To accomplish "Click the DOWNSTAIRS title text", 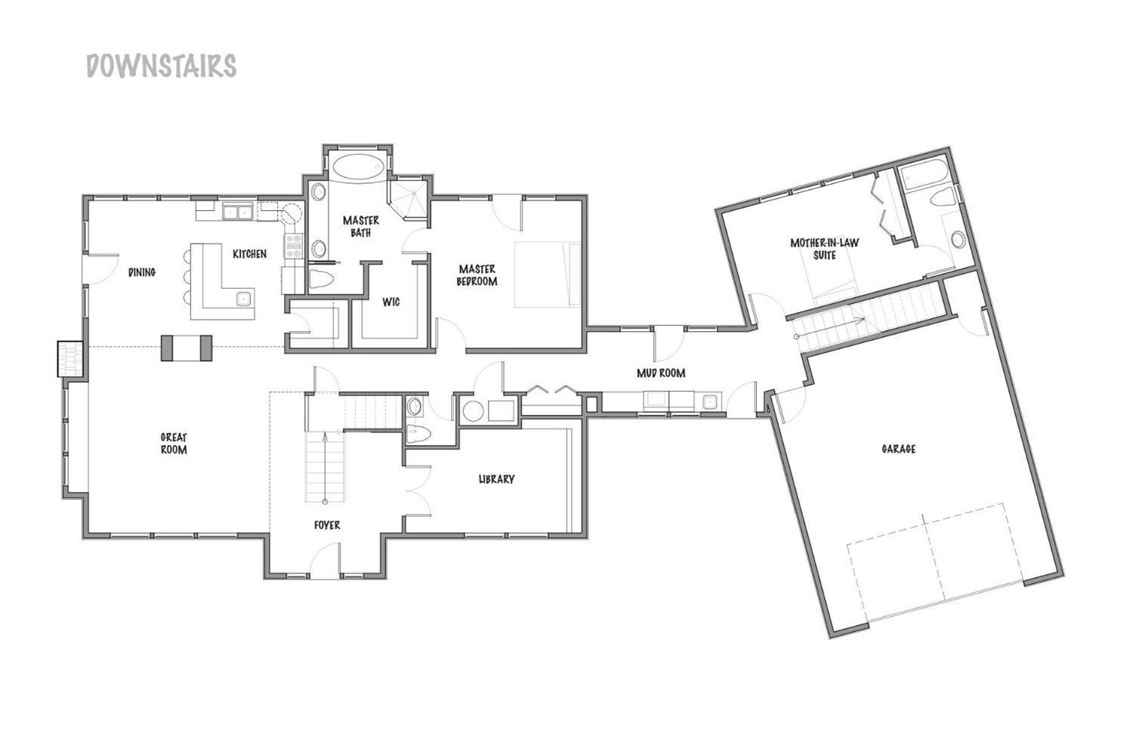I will pyautogui.click(x=161, y=66).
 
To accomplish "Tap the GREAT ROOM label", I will pyautogui.click(x=174, y=443).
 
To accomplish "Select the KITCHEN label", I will pyautogui.click(x=249, y=254).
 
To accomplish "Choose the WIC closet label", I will pyautogui.click(x=391, y=302).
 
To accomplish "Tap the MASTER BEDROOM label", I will pyautogui.click(x=477, y=275).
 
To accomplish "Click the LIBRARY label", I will pyautogui.click(x=496, y=479).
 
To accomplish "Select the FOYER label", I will pyautogui.click(x=327, y=524).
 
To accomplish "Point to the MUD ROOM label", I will pyautogui.click(x=660, y=373).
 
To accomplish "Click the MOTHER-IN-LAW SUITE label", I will pyautogui.click(x=824, y=249).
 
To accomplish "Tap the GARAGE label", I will pyautogui.click(x=899, y=449).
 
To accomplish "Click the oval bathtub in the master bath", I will pyautogui.click(x=358, y=167).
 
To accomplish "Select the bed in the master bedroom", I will pyautogui.click(x=548, y=274).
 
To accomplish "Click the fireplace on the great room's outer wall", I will pyautogui.click(x=69, y=359).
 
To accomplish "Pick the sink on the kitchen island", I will pyautogui.click(x=243, y=299).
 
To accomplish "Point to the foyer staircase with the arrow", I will pyautogui.click(x=326, y=466).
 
